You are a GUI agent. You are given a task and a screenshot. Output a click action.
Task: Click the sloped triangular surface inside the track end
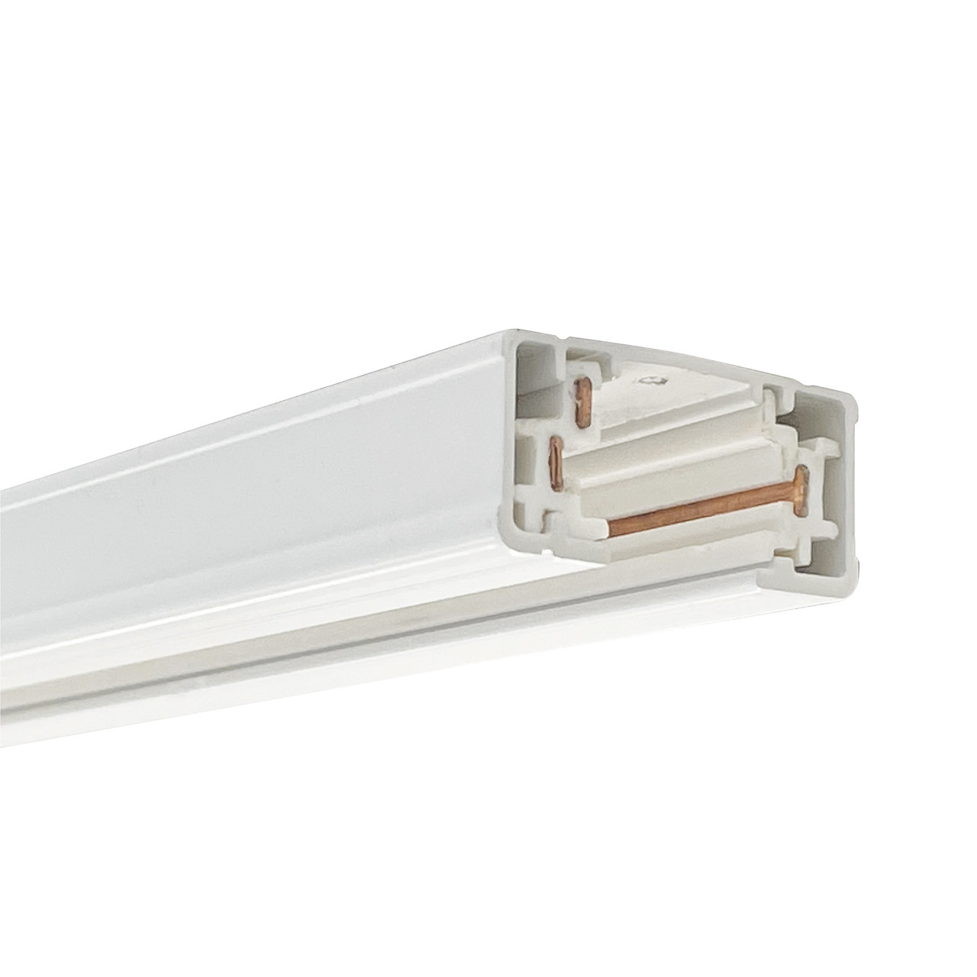[687, 397]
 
